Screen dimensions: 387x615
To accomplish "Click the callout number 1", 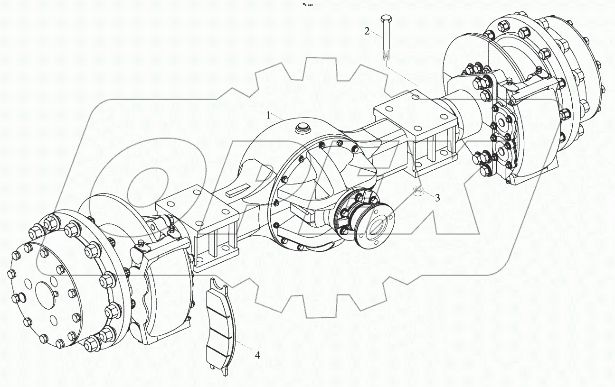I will tap(268, 115).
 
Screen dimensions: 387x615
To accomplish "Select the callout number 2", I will tap(367, 31).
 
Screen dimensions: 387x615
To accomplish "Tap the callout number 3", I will tap(437, 198).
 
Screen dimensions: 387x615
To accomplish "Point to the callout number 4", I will tap(257, 355).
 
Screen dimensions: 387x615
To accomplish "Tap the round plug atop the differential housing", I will tap(302, 127).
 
